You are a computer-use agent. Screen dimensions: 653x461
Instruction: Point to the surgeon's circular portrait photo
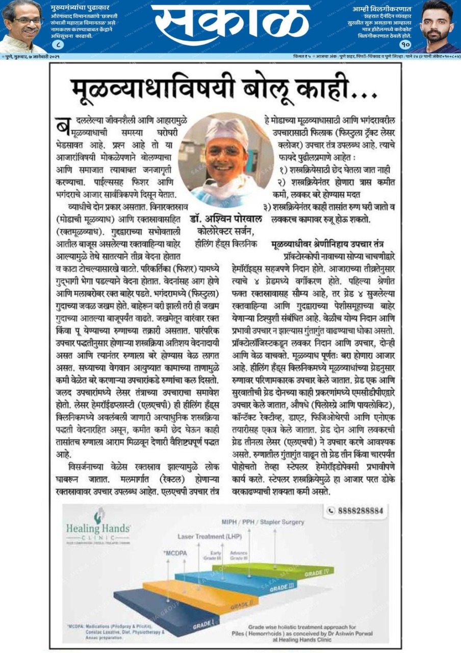219,153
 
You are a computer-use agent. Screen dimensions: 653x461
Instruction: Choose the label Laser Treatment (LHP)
209,537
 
